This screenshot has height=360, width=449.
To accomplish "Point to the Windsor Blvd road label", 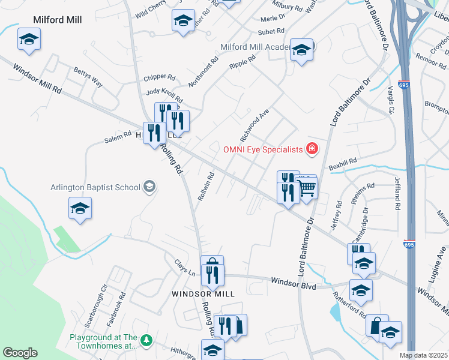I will click(293, 283).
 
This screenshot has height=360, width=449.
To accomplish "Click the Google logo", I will click(20, 353).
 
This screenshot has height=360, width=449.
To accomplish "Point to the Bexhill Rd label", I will click(343, 163).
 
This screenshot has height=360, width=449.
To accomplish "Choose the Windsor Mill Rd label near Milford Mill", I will click(35, 80).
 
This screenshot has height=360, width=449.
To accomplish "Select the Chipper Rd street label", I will click(159, 77).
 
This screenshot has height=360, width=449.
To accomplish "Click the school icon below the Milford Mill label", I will click(28, 40).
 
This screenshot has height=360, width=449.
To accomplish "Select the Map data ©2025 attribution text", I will click(424, 355).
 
